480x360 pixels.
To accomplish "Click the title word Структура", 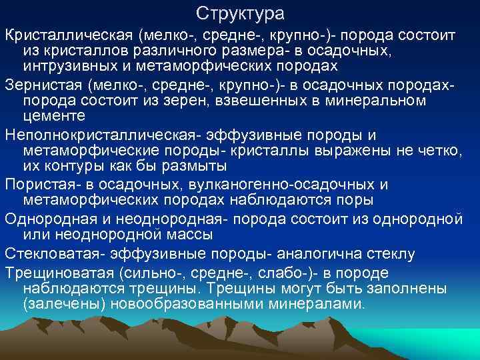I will tap(241, 13).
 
